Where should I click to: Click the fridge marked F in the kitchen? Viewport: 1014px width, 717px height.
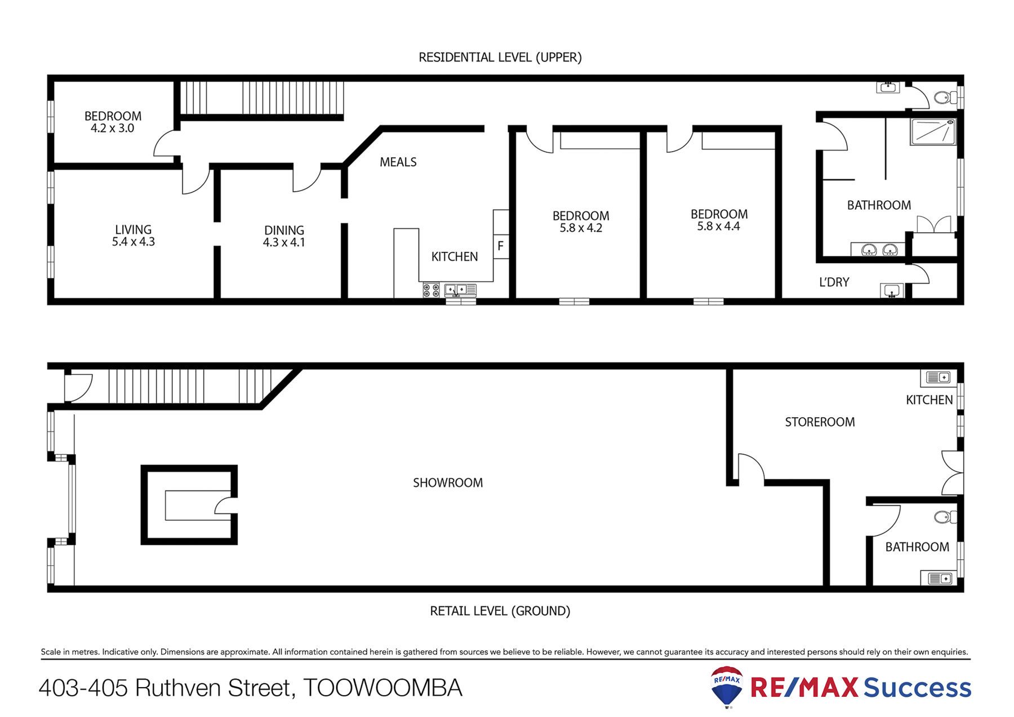[500, 246]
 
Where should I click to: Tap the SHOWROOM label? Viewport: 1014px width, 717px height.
[448, 483]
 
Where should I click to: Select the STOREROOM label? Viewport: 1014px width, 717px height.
[820, 422]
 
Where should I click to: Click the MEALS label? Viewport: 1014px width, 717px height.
[398, 162]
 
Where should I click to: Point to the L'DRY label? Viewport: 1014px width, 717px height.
[834, 282]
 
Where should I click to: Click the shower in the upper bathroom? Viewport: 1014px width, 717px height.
[933, 132]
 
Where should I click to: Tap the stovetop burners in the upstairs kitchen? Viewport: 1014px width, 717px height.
[431, 290]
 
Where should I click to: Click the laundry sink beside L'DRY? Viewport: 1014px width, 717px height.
[892, 290]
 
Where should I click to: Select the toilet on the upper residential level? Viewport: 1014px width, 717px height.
[945, 98]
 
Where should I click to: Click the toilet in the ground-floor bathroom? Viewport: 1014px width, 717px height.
[945, 516]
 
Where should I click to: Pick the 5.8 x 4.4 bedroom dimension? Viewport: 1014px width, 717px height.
[719, 227]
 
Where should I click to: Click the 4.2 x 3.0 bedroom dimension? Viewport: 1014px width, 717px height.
[113, 129]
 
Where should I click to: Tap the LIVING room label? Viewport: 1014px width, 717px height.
[134, 229]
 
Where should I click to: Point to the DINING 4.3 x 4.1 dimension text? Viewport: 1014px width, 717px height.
[284, 242]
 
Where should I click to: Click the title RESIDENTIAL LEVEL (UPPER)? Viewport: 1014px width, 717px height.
[500, 57]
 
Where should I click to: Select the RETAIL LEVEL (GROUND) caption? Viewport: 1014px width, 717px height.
[500, 611]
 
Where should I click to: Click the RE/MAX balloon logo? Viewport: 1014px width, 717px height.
[727, 687]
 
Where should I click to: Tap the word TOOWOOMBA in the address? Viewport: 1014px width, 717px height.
[383, 688]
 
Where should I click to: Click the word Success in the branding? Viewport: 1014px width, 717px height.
[918, 688]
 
